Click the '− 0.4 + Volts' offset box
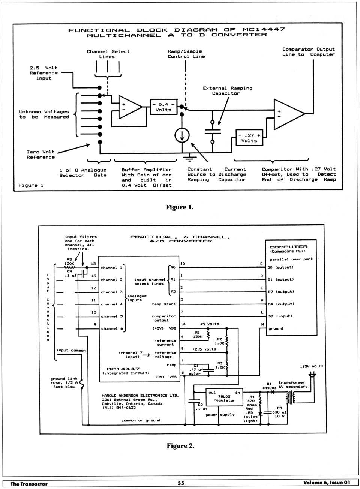point(163,107)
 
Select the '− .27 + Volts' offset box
point(249,138)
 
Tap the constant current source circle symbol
point(182,135)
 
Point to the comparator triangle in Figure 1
point(288,114)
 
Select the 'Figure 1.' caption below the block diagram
point(180,207)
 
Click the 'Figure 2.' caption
point(180,446)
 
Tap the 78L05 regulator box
point(224,398)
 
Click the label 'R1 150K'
point(198,334)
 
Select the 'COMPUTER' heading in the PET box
point(288,247)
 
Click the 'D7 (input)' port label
point(280,316)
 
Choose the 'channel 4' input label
point(112,304)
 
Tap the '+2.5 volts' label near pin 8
point(204,349)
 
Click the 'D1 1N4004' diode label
point(269,386)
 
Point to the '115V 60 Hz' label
point(311,366)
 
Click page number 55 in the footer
point(181,483)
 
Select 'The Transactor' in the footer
point(29,484)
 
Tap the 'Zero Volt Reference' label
point(40,155)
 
